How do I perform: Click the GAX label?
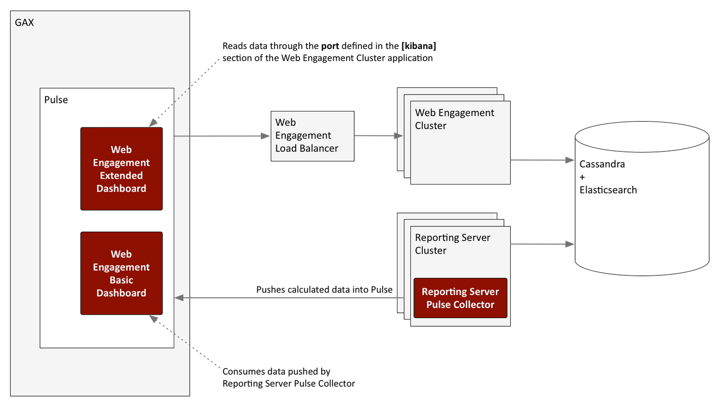(x=24, y=23)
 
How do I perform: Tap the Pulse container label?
(x=56, y=100)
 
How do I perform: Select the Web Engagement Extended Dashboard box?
(x=121, y=169)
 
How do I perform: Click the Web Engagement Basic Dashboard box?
(x=121, y=273)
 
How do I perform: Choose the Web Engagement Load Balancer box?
(x=312, y=136)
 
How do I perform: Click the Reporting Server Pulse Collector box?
(x=460, y=298)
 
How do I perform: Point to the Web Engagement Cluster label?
(x=454, y=119)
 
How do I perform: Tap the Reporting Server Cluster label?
(x=452, y=244)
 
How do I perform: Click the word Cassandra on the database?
(x=602, y=164)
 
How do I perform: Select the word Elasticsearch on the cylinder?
(x=608, y=190)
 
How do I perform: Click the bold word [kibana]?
(x=419, y=46)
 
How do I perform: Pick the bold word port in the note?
(x=330, y=46)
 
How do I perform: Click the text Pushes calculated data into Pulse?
(x=324, y=290)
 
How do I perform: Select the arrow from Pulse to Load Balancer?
(x=222, y=136)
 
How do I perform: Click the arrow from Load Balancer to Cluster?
(x=379, y=136)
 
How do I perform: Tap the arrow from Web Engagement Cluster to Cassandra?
(x=542, y=160)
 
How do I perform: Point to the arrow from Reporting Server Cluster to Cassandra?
(x=542, y=244)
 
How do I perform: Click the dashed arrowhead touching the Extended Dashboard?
(x=153, y=123)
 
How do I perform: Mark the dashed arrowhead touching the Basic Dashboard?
(x=153, y=319)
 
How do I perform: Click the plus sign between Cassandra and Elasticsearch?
(x=582, y=177)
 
